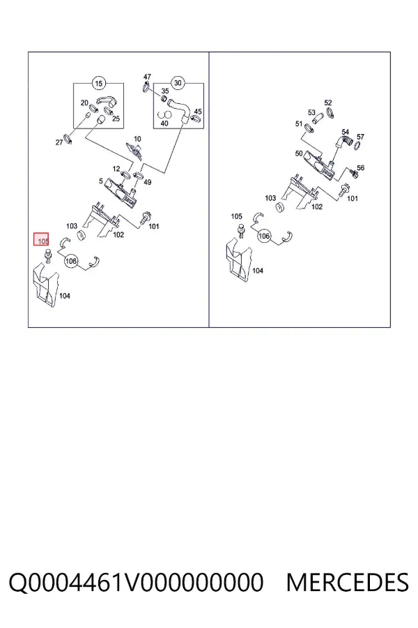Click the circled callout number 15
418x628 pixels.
pyautogui.click(x=98, y=83)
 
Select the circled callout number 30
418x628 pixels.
pyautogui.click(x=178, y=83)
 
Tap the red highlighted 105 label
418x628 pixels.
pyautogui.click(x=41, y=239)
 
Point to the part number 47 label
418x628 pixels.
pyautogui.click(x=147, y=77)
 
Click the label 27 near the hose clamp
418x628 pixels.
pyautogui.click(x=59, y=142)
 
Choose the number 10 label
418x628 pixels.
pyautogui.click(x=137, y=139)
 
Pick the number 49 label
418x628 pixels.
pyautogui.click(x=148, y=182)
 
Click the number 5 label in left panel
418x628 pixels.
pyautogui.click(x=101, y=181)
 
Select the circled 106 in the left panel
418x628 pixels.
pyautogui.click(x=71, y=261)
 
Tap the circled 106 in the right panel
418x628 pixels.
pyautogui.click(x=264, y=236)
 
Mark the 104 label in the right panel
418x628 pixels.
pyautogui.click(x=258, y=271)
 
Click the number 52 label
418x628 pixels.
pyautogui.click(x=328, y=103)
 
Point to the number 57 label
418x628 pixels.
pyautogui.click(x=360, y=137)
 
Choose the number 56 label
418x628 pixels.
pyautogui.click(x=360, y=167)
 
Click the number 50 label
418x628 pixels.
pyautogui.click(x=299, y=154)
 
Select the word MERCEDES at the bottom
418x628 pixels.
pyautogui.click(x=347, y=582)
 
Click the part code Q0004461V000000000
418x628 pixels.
pyautogui.click(x=136, y=582)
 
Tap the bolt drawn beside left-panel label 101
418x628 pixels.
pyautogui.click(x=144, y=218)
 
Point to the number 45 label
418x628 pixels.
pyautogui.click(x=198, y=112)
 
